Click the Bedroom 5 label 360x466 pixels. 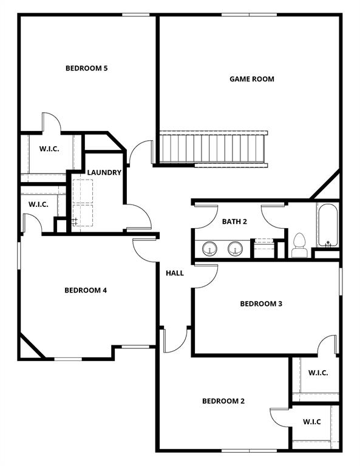[86, 68]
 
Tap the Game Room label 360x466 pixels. [251, 79]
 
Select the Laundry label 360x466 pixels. [104, 172]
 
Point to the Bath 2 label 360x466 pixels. [234, 221]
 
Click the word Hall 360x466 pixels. [175, 273]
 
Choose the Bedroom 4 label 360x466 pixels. [86, 290]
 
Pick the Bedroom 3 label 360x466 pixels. [261, 303]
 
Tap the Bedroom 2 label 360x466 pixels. [223, 401]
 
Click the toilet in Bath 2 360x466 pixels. [299, 246]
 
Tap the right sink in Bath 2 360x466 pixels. [235, 249]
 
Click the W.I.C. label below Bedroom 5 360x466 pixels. [49, 149]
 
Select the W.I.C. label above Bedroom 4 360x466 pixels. [38, 204]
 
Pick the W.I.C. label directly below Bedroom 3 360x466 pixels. [318, 373]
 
